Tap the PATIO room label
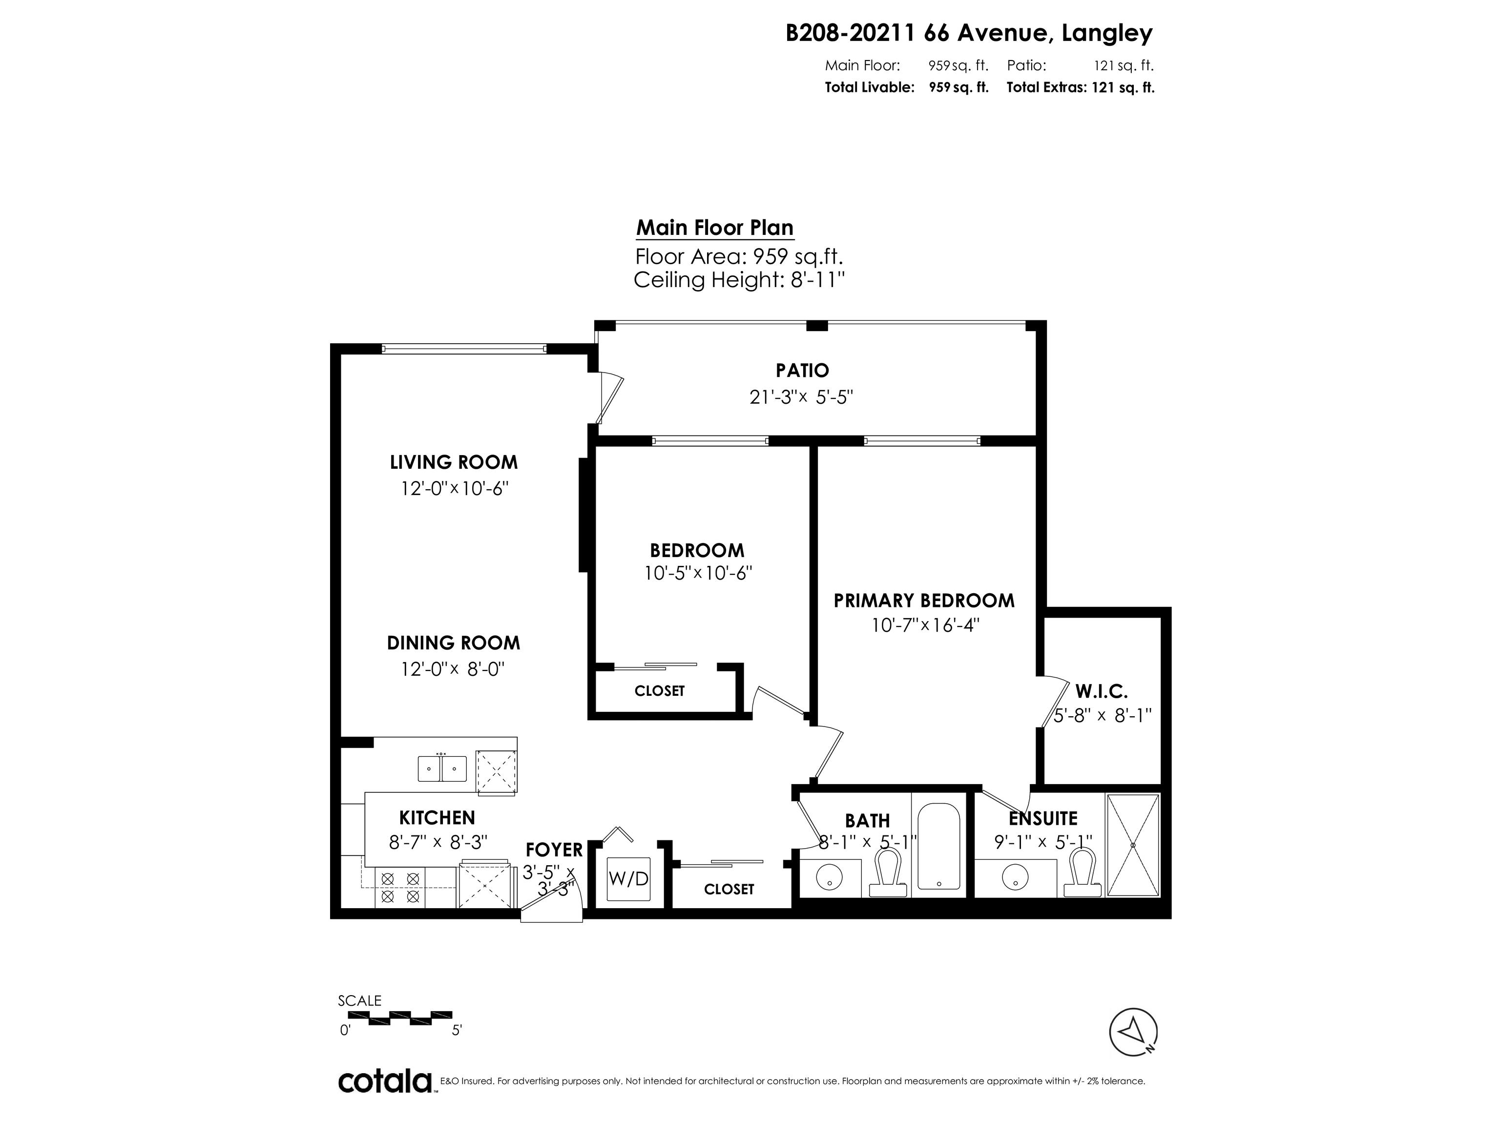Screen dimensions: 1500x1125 (x=802, y=370)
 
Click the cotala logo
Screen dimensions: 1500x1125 (x=385, y=1081)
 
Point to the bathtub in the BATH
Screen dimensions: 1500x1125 (x=938, y=848)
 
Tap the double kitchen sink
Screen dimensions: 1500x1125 (x=442, y=768)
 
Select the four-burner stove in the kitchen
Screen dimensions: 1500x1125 (x=400, y=888)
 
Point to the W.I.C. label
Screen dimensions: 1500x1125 (x=1101, y=692)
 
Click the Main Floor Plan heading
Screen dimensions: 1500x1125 (x=715, y=228)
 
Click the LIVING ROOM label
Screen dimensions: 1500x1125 (x=454, y=462)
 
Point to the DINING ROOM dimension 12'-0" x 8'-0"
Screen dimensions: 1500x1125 (x=453, y=669)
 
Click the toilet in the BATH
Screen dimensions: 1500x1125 (x=888, y=874)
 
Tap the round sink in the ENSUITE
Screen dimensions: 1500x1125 (x=1015, y=877)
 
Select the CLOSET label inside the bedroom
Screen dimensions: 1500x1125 (x=659, y=691)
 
